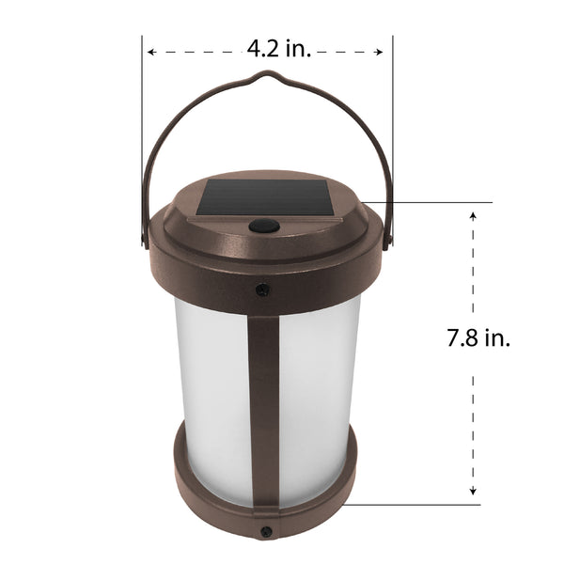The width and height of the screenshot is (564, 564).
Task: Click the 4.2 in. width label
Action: pos(279,50)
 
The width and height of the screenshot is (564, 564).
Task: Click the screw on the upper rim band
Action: pos(264,290)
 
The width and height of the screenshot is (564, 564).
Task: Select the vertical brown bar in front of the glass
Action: pos(264,404)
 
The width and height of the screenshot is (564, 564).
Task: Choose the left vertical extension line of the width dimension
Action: pos(143,113)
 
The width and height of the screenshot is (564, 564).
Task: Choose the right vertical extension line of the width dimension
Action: pos(392,113)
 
